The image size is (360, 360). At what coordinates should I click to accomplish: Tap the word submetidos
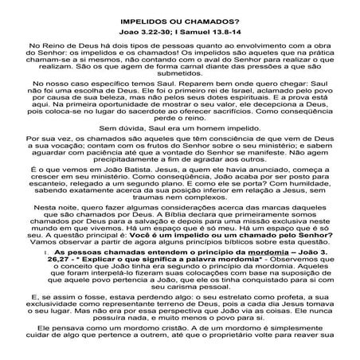(x=179, y=81)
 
